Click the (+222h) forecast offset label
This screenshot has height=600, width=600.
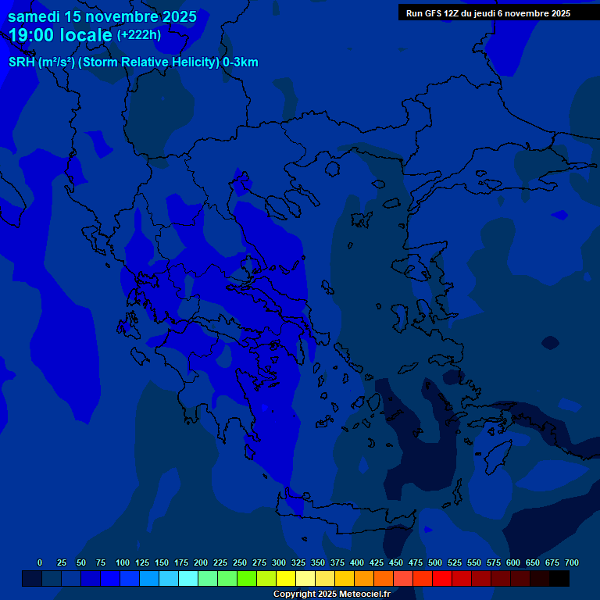click(138, 34)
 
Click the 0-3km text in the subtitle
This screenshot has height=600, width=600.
click(240, 62)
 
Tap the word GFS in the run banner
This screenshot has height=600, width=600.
click(430, 13)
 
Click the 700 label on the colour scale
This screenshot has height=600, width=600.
click(571, 562)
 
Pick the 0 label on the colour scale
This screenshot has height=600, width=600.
click(40, 562)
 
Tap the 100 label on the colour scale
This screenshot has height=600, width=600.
click(123, 562)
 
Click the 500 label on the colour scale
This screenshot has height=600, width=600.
click(435, 562)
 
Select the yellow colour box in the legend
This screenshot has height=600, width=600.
click(286, 579)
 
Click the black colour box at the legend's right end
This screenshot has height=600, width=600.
click(559, 579)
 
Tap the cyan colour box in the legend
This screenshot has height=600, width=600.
click(188, 579)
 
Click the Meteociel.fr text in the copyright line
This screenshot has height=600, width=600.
click(364, 595)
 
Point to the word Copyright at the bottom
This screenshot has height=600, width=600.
click(293, 595)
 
